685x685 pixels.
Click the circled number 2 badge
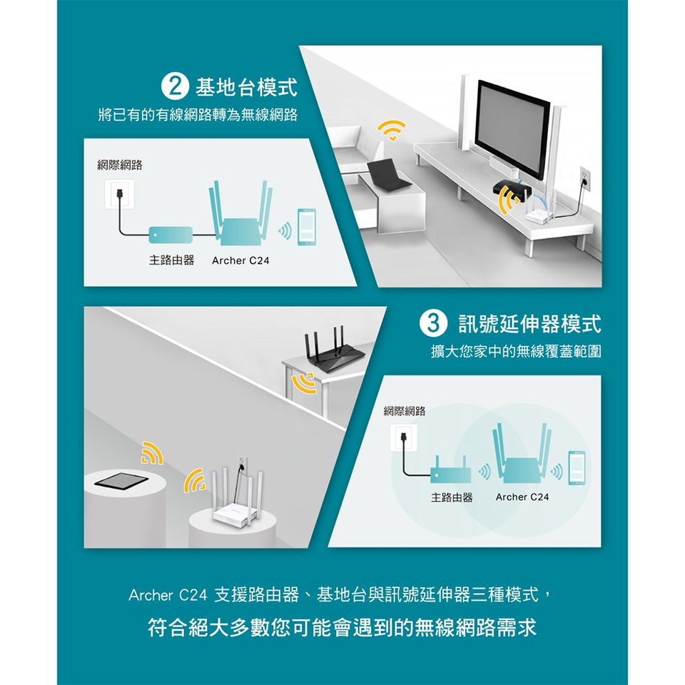(x=173, y=89)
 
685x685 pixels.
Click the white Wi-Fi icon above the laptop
(x=391, y=130)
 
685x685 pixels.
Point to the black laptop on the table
(x=388, y=175)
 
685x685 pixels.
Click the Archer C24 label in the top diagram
(x=240, y=261)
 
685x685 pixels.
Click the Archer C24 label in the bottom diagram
(x=522, y=497)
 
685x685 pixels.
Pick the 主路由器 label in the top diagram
(x=171, y=261)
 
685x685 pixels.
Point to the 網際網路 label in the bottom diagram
(x=404, y=411)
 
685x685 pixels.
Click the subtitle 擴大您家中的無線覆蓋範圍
(x=516, y=352)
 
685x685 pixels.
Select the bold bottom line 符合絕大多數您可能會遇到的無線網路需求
(x=342, y=629)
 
